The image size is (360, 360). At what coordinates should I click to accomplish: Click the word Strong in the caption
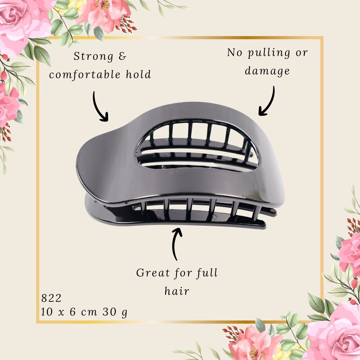(x=93, y=56)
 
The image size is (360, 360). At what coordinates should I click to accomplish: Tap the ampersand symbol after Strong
(x=123, y=56)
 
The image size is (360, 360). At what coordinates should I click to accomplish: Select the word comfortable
(x=85, y=75)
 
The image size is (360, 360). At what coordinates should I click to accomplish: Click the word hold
(x=139, y=74)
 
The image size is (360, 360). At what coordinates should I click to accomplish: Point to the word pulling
(x=269, y=53)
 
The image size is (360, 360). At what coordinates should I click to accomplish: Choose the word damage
(x=267, y=71)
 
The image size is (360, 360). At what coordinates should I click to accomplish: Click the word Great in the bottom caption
(x=153, y=273)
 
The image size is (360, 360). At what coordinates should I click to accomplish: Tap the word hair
(x=177, y=291)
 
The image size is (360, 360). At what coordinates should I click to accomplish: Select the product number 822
(x=51, y=298)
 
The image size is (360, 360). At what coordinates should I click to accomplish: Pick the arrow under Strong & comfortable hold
(x=99, y=107)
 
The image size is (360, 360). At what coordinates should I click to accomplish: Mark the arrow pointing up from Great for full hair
(x=175, y=244)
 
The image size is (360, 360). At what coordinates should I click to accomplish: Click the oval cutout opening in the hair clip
(x=198, y=146)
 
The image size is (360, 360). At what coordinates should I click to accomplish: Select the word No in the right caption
(x=234, y=53)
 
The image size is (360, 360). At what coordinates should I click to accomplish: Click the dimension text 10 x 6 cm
(x=69, y=312)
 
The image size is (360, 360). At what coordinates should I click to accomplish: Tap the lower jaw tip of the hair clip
(x=264, y=226)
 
